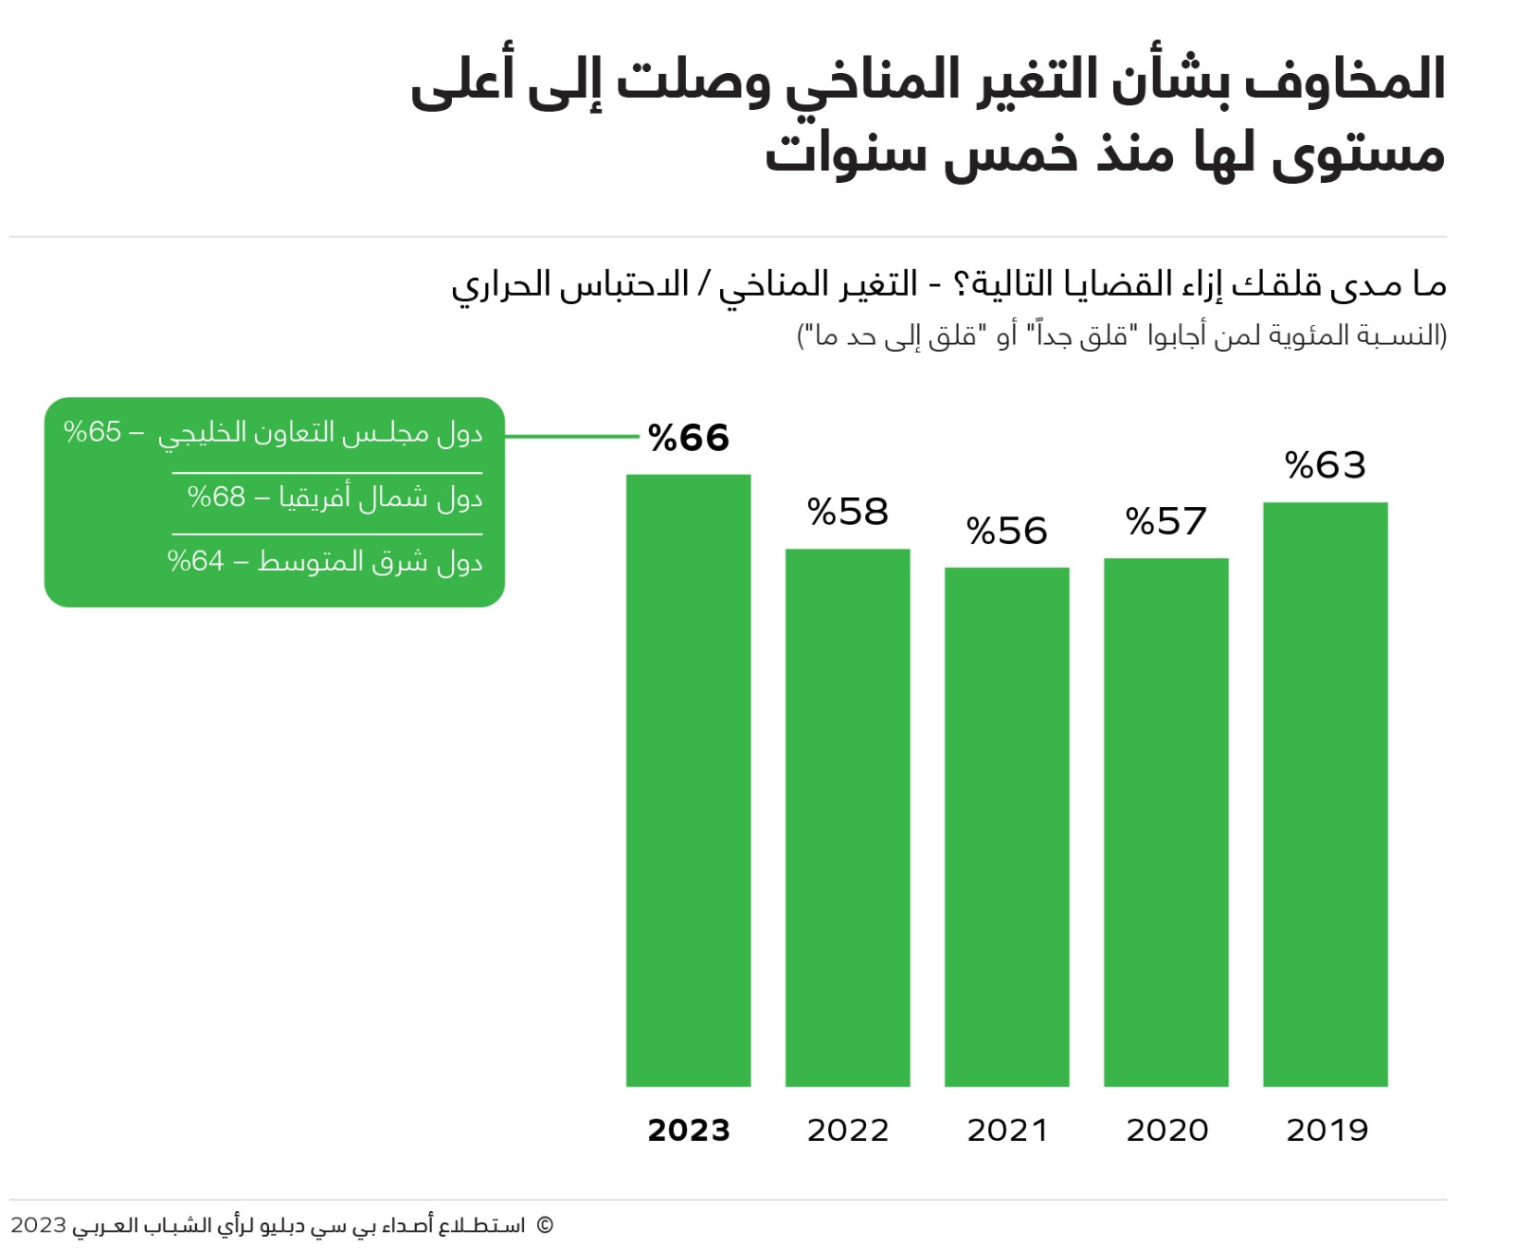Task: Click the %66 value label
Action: point(689,438)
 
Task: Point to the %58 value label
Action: point(848,513)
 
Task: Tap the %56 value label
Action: point(1007,532)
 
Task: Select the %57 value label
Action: point(1166,522)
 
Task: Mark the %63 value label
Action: point(1326,465)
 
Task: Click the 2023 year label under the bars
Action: point(689,1130)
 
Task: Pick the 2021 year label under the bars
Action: point(1007,1130)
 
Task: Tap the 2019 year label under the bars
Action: point(1326,1130)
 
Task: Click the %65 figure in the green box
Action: point(93,432)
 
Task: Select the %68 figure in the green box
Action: point(216,497)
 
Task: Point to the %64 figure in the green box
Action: point(196,561)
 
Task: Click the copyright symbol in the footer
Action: point(545,1224)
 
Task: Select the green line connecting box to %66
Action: point(571,437)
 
